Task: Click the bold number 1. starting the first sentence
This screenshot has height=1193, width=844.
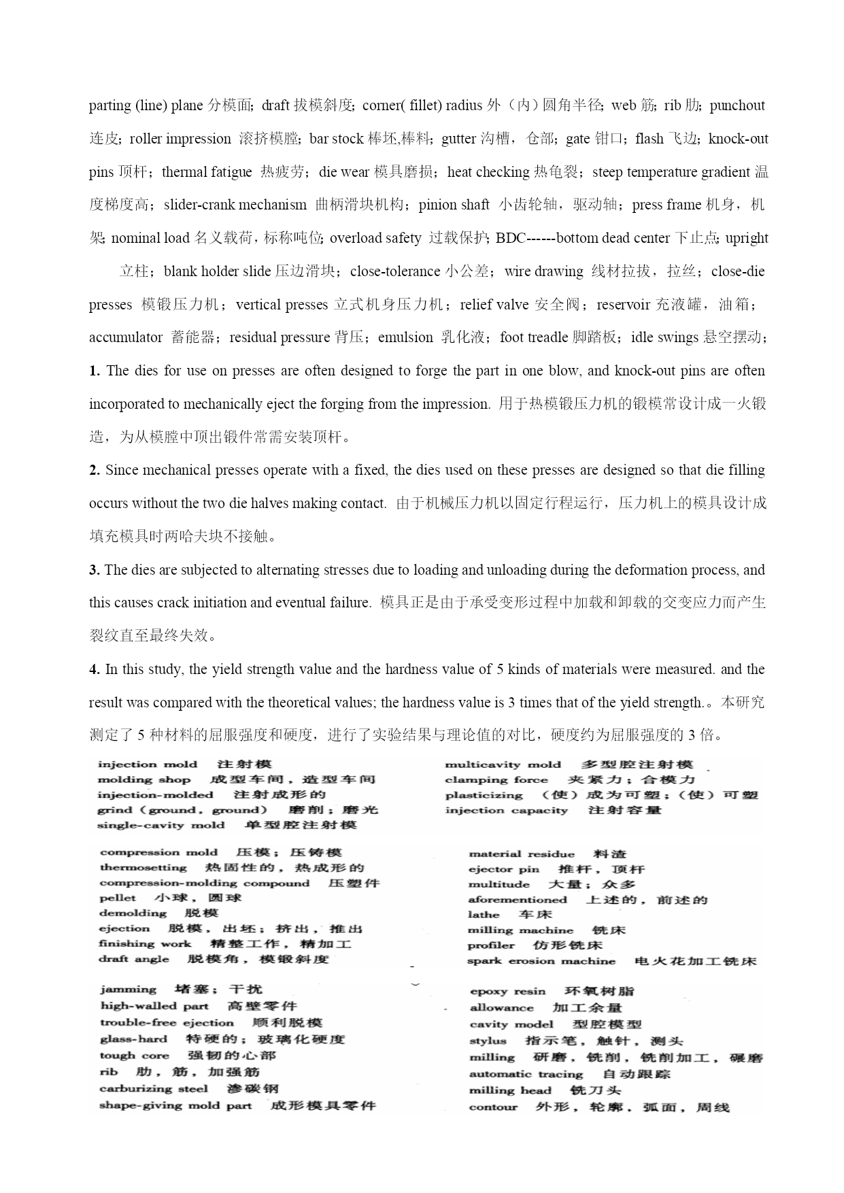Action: pyautogui.click(x=95, y=371)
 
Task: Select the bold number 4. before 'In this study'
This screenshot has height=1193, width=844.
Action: pyautogui.click(x=95, y=670)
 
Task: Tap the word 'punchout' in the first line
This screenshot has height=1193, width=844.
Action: pyautogui.click(x=737, y=106)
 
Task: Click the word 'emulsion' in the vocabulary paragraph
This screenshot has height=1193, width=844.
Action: pyautogui.click(x=405, y=338)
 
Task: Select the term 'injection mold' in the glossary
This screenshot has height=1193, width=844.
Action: pyautogui.click(x=147, y=764)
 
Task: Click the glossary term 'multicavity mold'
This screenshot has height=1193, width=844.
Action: pyautogui.click(x=503, y=765)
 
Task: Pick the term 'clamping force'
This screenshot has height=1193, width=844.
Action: pyautogui.click(x=496, y=780)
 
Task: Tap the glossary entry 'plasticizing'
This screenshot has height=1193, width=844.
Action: pyautogui.click(x=484, y=796)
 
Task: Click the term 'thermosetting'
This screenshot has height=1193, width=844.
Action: pyautogui.click(x=144, y=868)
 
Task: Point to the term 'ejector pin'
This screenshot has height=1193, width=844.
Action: pyautogui.click(x=504, y=869)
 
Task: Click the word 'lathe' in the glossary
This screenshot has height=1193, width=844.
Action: pyautogui.click(x=484, y=915)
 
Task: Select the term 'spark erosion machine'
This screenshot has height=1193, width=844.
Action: pyautogui.click(x=541, y=961)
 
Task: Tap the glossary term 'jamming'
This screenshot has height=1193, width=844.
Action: pyautogui.click(x=128, y=990)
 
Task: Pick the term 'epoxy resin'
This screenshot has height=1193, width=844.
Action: pyautogui.click(x=508, y=992)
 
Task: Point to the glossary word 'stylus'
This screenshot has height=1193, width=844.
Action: pyautogui.click(x=488, y=1041)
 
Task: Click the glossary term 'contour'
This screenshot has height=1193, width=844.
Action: pyautogui.click(x=493, y=1107)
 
